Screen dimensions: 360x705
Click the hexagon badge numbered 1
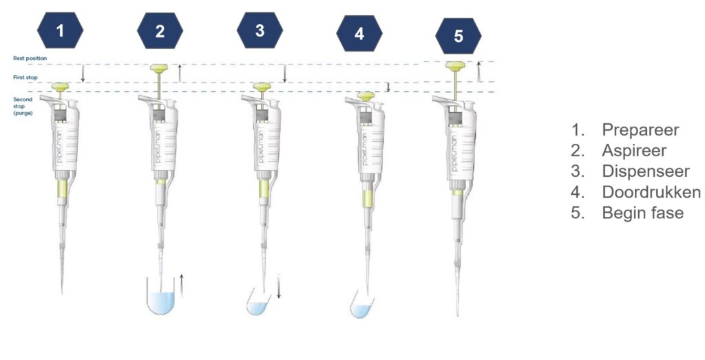point(61,30)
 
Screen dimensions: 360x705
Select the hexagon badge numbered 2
point(160,30)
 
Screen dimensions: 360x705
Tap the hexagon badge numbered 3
point(260,30)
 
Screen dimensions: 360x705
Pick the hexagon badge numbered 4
point(359,33)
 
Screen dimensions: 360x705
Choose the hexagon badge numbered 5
point(459,36)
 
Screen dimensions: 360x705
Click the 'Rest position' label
point(29,59)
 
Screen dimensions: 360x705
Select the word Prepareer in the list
point(640,129)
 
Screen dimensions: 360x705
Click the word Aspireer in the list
point(634,150)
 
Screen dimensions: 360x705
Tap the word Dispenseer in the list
point(645,171)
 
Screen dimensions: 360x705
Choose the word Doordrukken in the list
point(651,191)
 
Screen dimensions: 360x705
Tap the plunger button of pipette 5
point(454,66)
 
